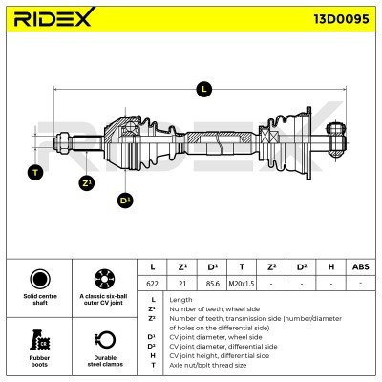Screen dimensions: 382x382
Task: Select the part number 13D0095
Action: tap(342, 19)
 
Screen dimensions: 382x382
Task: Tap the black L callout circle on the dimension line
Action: tap(204, 89)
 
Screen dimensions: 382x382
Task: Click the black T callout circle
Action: tap(35, 172)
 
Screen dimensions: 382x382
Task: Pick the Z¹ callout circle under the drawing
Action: tap(87, 183)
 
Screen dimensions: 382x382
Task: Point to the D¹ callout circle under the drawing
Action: tap(125, 201)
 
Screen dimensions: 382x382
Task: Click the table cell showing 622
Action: tap(152, 284)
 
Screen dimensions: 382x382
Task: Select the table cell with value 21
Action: tap(182, 284)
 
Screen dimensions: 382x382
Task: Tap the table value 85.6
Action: tap(212, 284)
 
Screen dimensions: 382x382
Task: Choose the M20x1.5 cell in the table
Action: tap(242, 284)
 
